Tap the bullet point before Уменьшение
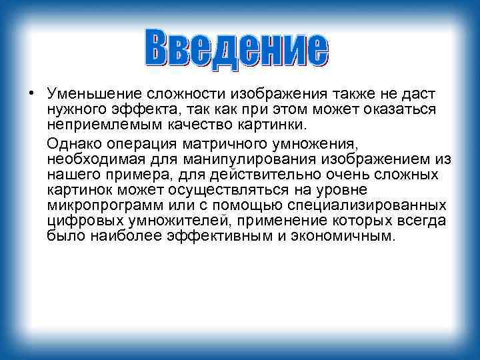click(31, 93)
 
